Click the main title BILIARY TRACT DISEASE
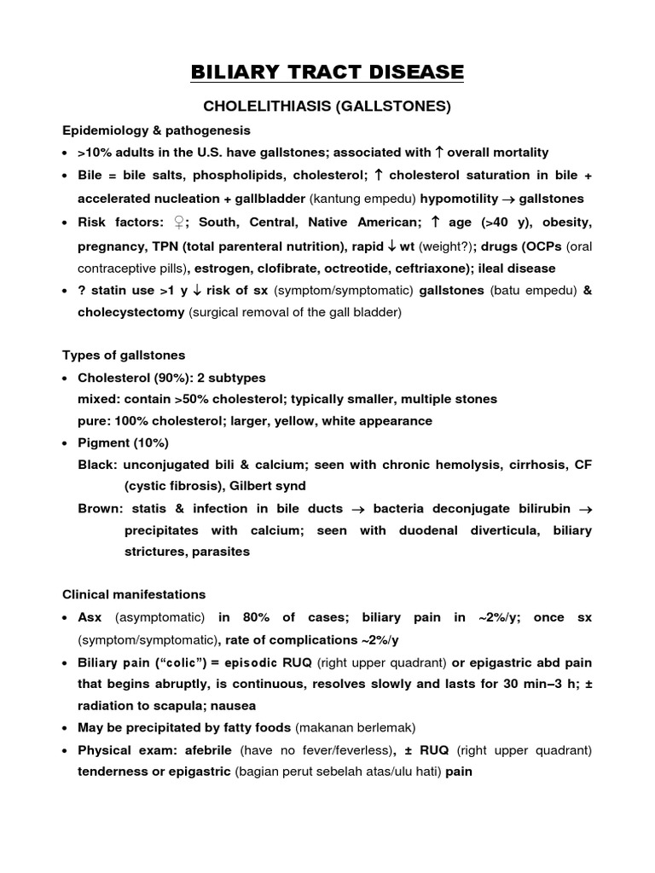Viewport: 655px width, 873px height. coord(327,72)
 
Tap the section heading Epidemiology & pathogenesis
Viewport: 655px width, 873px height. coord(156,130)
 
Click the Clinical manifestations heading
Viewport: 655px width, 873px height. coord(134,594)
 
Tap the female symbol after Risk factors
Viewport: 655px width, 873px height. coord(179,223)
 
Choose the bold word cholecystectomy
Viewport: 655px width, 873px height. coord(131,313)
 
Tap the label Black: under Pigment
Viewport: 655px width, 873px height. coord(97,465)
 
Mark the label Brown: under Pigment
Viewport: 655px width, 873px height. coord(100,509)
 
